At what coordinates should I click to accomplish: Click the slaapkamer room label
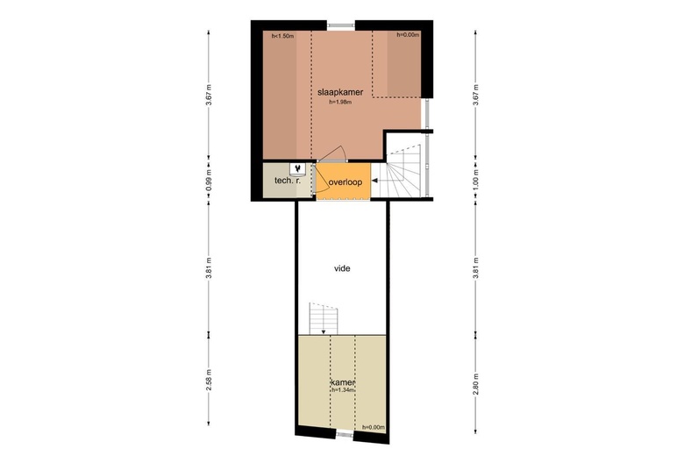[340, 92]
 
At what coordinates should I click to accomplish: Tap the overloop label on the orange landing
[346, 182]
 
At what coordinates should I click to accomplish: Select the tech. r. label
[288, 180]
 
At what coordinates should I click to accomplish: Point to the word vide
[342, 268]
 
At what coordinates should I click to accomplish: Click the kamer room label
[342, 382]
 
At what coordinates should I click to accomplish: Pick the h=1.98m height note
[340, 103]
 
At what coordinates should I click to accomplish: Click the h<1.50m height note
[282, 36]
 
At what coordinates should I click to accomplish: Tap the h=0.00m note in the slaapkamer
[408, 34]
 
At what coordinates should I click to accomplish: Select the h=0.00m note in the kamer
[374, 427]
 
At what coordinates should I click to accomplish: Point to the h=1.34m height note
[343, 390]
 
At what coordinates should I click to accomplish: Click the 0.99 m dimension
[209, 180]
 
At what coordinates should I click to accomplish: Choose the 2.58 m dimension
[209, 380]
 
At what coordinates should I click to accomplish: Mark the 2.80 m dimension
[476, 384]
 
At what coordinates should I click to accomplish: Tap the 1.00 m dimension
[476, 180]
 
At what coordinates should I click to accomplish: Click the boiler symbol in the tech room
[297, 168]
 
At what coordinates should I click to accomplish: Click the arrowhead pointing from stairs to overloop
[374, 181]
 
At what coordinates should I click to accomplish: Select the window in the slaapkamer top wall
[342, 25]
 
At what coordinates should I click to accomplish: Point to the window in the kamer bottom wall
[344, 434]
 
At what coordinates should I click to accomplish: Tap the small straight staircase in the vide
[324, 318]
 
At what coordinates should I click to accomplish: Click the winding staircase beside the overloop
[403, 171]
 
